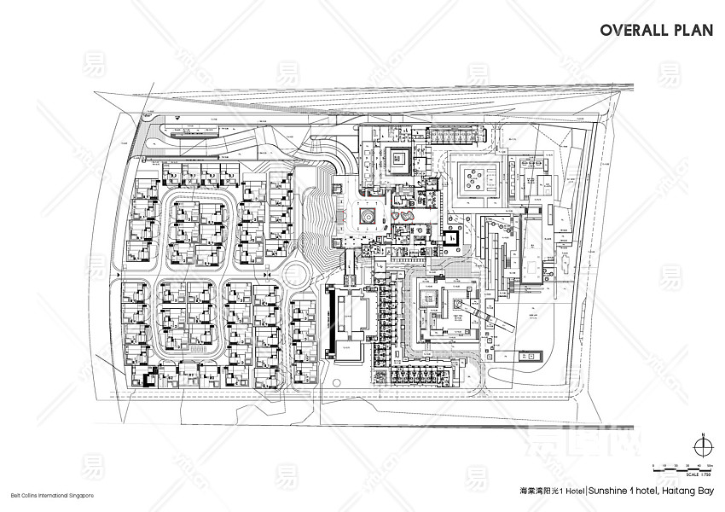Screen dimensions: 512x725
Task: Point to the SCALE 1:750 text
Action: (x=699, y=474)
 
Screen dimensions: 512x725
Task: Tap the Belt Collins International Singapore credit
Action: (x=47, y=496)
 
